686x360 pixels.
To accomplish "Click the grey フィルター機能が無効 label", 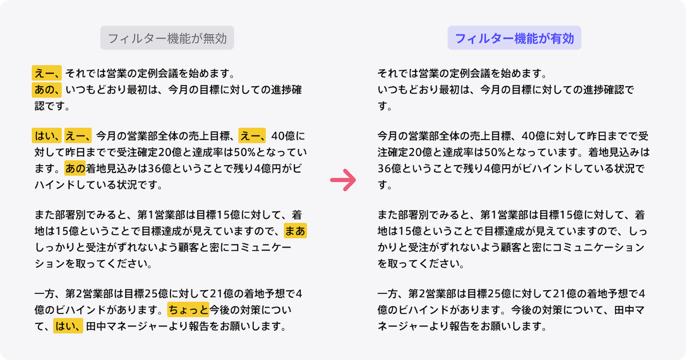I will coord(167,39).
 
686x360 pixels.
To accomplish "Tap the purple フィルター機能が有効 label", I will coord(514,39).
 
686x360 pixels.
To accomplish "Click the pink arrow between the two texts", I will coord(344,181).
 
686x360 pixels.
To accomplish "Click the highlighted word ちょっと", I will coord(188,310).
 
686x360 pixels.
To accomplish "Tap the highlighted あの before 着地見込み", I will coord(75,169).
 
